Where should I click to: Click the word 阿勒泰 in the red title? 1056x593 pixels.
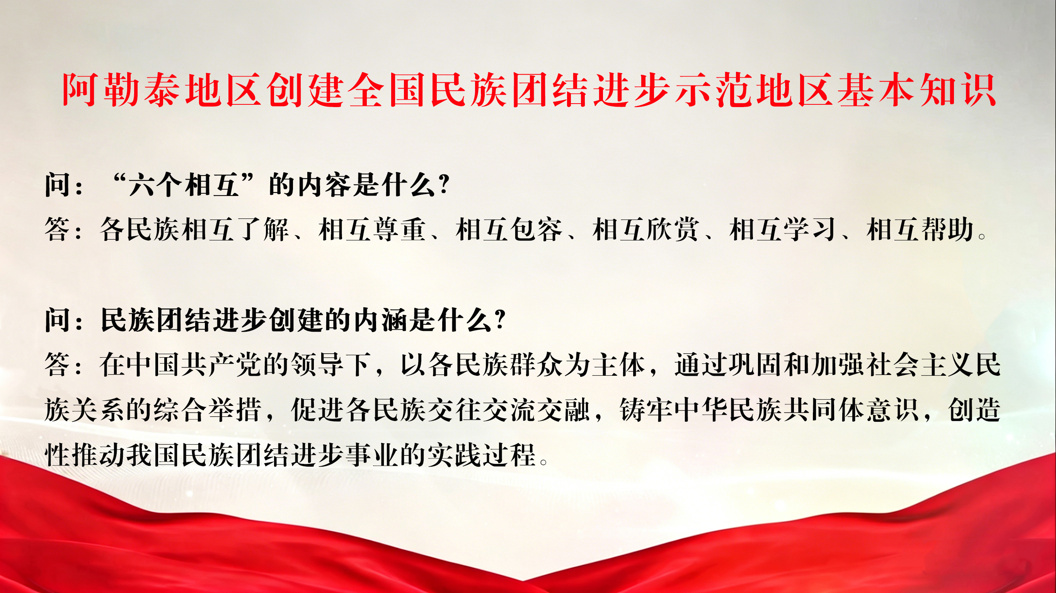[x=121, y=90]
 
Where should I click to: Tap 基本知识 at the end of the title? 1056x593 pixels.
[x=916, y=90]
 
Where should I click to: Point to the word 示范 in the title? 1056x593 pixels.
[x=713, y=90]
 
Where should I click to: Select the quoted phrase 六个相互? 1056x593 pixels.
[x=183, y=184]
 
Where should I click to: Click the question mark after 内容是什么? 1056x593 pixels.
[x=444, y=184]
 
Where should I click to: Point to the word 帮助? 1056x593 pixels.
[x=947, y=229]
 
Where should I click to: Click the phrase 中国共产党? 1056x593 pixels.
[x=194, y=364]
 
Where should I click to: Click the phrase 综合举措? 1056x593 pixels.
[x=207, y=409]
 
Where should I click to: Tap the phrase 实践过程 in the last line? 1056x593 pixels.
[x=482, y=454]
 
